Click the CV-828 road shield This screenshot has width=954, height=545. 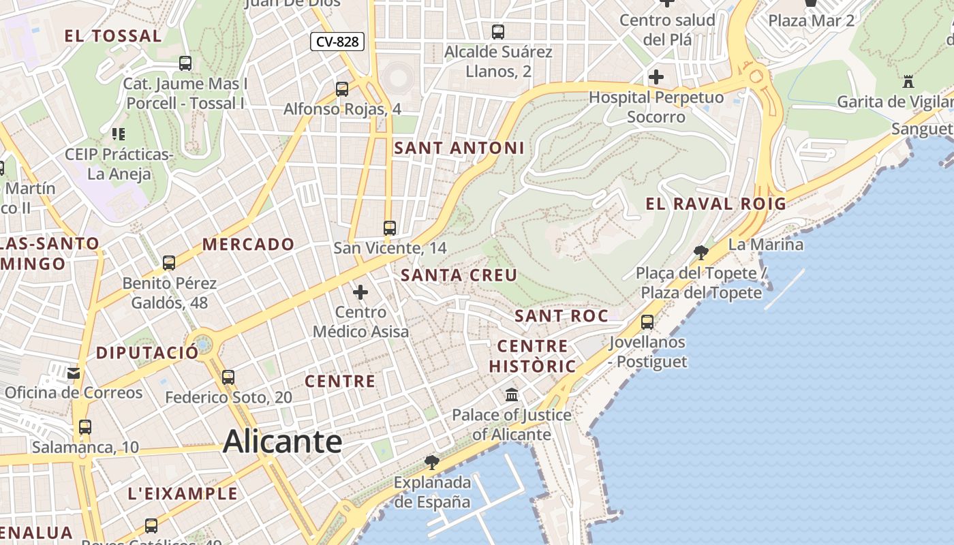337,42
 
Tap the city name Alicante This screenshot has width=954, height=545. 282,441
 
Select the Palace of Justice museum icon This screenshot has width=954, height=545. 512,394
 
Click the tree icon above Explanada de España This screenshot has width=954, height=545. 431,463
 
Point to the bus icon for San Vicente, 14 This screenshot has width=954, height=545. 390,228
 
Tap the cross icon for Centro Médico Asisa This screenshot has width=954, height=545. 360,293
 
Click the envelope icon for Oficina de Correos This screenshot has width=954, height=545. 74,373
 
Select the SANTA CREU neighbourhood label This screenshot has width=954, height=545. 459,275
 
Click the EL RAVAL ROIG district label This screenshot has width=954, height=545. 715,204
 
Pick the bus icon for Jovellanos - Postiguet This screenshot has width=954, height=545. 647,322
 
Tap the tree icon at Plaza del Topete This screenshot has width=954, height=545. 700,253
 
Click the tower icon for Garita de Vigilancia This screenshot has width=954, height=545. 908,82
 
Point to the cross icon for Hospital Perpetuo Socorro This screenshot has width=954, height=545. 656,77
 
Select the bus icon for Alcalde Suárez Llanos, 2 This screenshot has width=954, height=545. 498,31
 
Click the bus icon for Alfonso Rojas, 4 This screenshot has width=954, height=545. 342,89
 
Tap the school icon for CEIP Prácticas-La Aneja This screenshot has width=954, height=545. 119,134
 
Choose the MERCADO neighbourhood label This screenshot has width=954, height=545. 248,244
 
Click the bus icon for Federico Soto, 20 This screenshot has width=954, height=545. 228,377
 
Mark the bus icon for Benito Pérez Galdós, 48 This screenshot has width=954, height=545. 169,262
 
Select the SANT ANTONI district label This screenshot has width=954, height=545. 459,148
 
